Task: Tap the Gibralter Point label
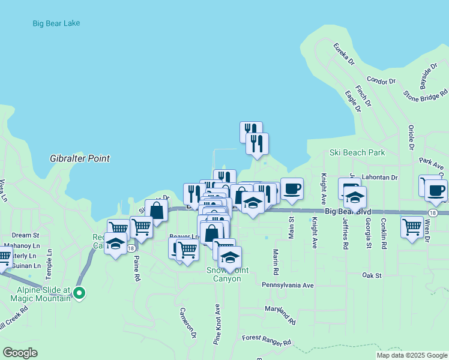(x=80, y=159)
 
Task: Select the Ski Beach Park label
(x=357, y=152)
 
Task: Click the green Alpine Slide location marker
(x=79, y=293)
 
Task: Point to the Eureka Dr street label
(x=345, y=53)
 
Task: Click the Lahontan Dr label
(x=381, y=178)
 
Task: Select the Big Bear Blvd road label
(x=348, y=212)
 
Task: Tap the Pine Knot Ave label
(x=217, y=323)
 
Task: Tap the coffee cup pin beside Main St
(x=292, y=188)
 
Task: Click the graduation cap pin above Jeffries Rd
(x=355, y=196)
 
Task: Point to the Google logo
(x=20, y=353)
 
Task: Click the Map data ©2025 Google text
(x=412, y=355)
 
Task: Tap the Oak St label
(x=372, y=275)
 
